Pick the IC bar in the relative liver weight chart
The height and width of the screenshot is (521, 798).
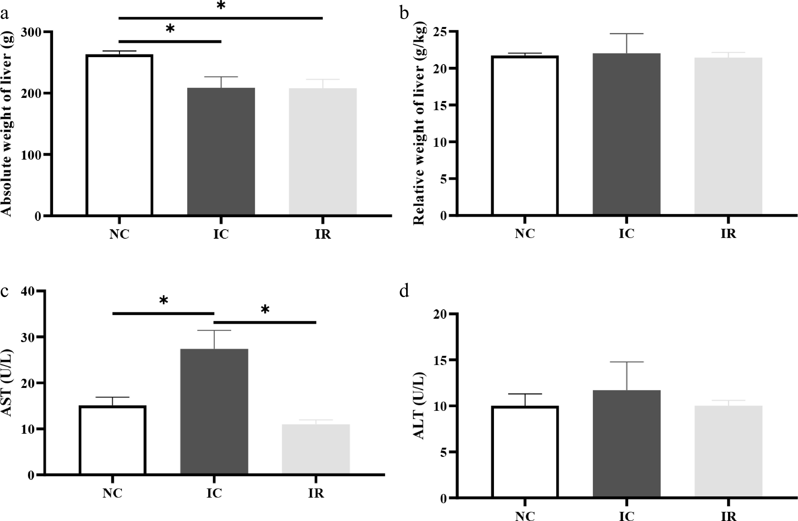coord(626,134)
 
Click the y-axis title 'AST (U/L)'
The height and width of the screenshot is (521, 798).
coord(7,383)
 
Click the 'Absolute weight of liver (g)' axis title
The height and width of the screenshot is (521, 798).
coord(7,124)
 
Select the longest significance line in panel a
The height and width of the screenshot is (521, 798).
coord(221,18)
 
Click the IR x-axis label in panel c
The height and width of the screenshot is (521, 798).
coord(316,493)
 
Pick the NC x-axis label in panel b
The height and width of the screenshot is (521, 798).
coord(525,234)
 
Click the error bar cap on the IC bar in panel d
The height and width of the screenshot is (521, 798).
coord(626,362)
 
